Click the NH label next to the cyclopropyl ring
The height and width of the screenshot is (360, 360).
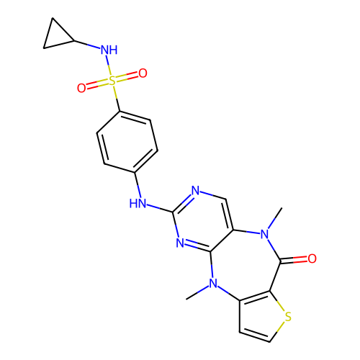109,50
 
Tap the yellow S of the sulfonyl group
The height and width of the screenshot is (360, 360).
112,81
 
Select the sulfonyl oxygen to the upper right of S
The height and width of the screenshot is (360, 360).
143,73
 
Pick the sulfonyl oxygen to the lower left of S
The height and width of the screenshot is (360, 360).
81,88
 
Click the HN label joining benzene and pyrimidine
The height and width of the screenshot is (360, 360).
138,203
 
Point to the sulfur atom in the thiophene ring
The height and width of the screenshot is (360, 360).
288,317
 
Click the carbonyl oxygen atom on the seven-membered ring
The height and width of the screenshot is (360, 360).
312,258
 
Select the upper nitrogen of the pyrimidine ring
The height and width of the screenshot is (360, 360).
195,191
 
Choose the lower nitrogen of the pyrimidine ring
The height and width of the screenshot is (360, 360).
180,243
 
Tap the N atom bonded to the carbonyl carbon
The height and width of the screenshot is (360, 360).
265,234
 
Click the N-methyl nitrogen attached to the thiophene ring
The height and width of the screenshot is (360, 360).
213,284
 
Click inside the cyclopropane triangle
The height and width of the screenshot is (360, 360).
57,35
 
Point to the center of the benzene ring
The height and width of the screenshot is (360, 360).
127,142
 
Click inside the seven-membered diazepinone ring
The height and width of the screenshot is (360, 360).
245,265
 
